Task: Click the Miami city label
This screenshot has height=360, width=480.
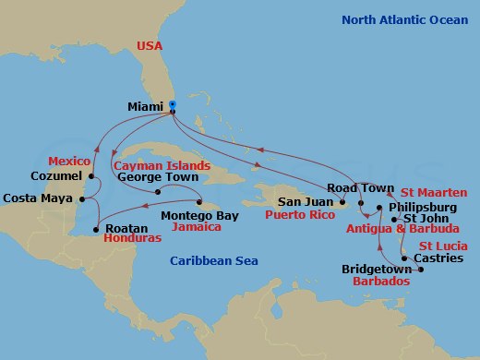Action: point(146,106)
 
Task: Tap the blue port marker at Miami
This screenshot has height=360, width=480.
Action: point(172,105)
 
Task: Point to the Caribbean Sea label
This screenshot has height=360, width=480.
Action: point(213,261)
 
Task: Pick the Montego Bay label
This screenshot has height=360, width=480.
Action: point(198,216)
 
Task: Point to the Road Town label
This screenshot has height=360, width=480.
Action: point(354,187)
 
